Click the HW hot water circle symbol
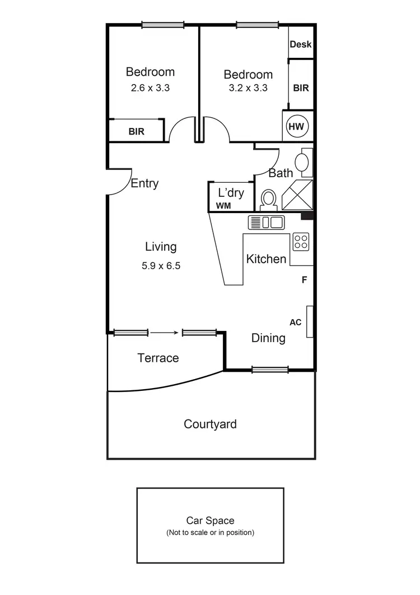[296, 127]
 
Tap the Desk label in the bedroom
[301, 44]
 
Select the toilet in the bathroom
[269, 200]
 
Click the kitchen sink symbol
[267, 222]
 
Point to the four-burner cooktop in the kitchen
[301, 242]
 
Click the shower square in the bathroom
[297, 195]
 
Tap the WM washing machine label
[223, 206]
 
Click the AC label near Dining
[296, 322]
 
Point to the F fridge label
[305, 280]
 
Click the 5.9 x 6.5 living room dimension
[161, 266]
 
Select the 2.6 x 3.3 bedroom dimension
[150, 88]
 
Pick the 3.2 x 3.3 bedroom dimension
[248, 88]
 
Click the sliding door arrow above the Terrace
[165, 333]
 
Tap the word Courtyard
[210, 425]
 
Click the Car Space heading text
[210, 521]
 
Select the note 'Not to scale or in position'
[210, 532]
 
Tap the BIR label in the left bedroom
[137, 132]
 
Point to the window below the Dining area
[270, 369]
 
